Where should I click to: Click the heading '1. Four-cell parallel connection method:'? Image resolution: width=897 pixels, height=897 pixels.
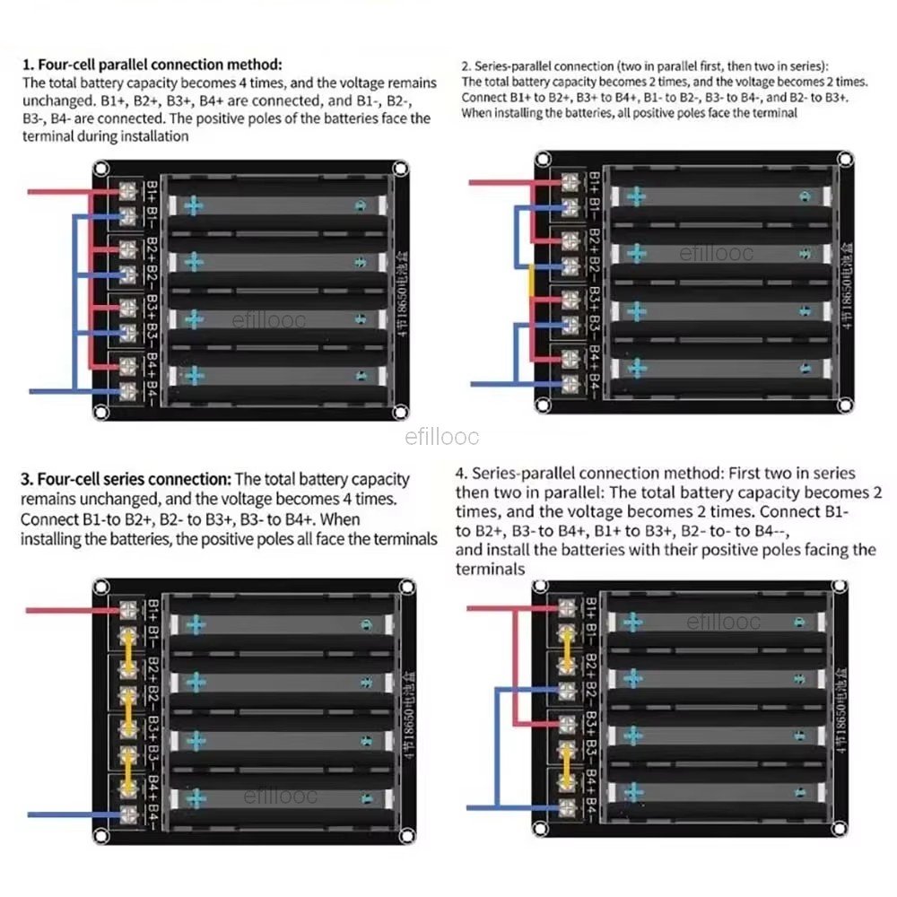click(152, 65)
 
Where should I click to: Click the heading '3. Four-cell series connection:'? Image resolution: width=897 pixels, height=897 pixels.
click(126, 480)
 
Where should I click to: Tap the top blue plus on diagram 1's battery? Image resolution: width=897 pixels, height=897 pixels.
click(194, 206)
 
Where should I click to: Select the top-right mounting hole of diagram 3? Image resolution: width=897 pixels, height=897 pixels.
click(406, 588)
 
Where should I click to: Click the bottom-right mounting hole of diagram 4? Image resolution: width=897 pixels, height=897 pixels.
click(838, 823)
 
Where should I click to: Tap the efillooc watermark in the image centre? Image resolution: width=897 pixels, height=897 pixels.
click(442, 438)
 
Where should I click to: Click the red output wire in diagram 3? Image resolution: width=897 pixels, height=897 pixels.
click(72, 611)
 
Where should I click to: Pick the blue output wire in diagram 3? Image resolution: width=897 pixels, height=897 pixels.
click(72, 814)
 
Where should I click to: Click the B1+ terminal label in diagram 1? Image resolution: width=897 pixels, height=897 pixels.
click(152, 191)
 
